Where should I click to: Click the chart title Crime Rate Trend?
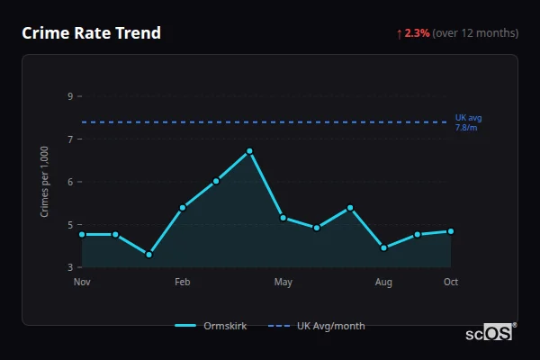(91, 33)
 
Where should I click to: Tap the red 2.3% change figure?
(418, 33)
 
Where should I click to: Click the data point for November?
(82, 234)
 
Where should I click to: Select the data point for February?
(183, 208)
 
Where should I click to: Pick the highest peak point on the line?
(249, 151)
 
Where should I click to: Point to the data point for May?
(283, 218)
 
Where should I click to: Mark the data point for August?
(383, 247)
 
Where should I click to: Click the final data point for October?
(451, 231)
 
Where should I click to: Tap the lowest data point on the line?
(148, 255)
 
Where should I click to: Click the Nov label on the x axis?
(82, 283)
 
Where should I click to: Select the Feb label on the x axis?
(183, 283)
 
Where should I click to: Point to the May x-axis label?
(283, 283)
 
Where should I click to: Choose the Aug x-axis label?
(383, 283)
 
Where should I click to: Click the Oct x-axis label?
(451, 283)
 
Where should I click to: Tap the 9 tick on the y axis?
(70, 96)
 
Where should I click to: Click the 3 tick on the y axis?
(70, 267)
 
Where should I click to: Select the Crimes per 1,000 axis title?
(45, 181)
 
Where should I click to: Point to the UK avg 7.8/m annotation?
(468, 122)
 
